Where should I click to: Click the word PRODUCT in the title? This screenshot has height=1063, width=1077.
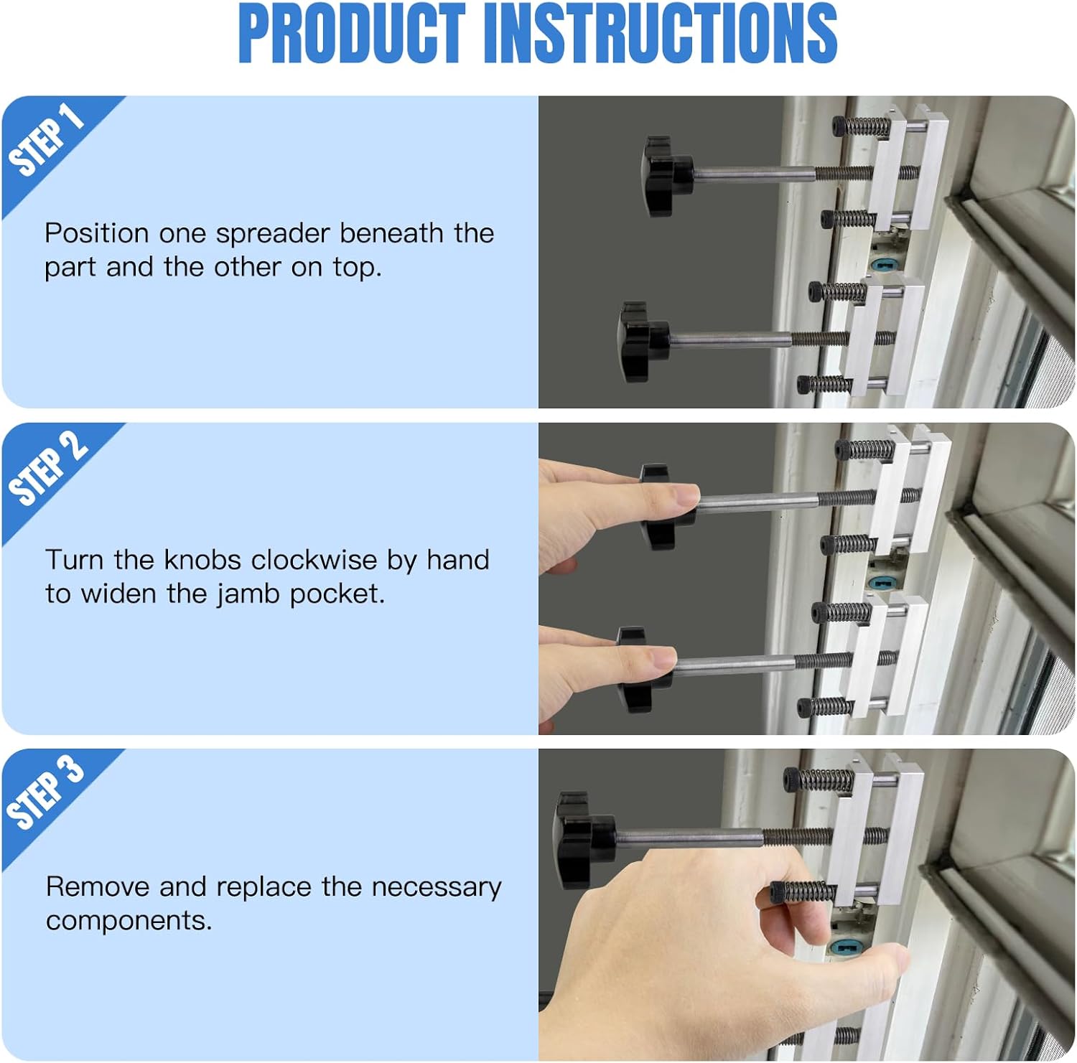click(x=351, y=34)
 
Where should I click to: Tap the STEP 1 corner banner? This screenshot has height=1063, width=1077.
click(x=47, y=140)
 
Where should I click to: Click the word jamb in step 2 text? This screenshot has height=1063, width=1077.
click(x=248, y=594)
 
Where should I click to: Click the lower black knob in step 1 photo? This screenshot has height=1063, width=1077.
click(x=641, y=341)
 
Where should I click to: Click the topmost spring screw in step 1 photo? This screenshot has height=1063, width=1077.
click(x=862, y=127)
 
